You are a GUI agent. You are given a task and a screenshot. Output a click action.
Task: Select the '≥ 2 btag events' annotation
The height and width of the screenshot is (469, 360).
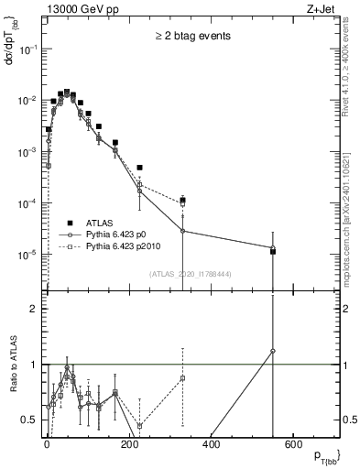click(191, 36)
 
